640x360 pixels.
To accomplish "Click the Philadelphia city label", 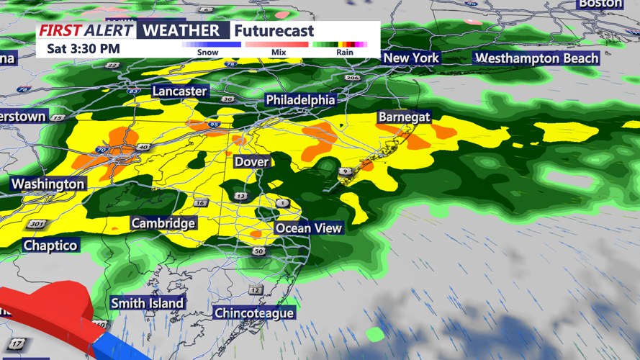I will coord(300,100).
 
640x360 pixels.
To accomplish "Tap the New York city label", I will coord(411,58).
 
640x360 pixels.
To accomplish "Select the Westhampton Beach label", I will coord(537,58).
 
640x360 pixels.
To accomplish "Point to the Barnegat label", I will coord(405,117).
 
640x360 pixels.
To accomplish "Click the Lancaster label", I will coord(179,91).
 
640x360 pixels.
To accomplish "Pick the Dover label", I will coord(251,162).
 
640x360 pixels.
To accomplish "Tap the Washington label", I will coord(48,184).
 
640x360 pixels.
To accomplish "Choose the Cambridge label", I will coord(163,223).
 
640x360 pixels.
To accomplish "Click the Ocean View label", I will coord(309,228).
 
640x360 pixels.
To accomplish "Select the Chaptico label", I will coord(50,246).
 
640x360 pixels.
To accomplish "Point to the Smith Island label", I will coord(148,303).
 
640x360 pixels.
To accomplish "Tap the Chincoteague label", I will coord(254,313).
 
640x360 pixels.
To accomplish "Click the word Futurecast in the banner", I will coord(274,30).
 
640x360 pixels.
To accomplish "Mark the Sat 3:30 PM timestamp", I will coord(84,49).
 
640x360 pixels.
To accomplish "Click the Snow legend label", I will coord(207,52).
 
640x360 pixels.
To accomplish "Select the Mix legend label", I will coord(279,52).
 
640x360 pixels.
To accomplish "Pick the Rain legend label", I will coord(345,52).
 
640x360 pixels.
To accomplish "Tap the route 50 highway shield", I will coord(258,251).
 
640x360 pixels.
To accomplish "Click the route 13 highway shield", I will coord(240,196).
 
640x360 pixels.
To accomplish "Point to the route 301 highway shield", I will coord(36,225).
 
